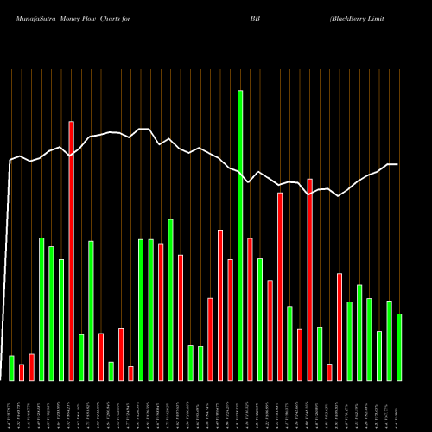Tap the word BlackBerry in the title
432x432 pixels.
(355, 16)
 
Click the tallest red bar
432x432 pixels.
(71, 251)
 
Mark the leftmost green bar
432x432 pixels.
(11, 367)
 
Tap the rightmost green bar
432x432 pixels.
(399, 346)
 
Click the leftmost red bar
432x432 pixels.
(22, 372)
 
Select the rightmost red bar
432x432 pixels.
(340, 327)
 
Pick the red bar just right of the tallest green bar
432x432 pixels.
(250, 308)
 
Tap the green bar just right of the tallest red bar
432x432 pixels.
(81, 357)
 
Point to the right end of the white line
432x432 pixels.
(397, 164)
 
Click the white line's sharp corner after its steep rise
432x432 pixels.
(10, 161)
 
